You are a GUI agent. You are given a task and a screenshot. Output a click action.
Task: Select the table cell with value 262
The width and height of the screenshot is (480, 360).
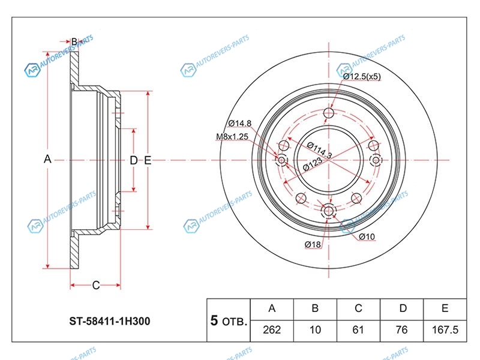(272, 329)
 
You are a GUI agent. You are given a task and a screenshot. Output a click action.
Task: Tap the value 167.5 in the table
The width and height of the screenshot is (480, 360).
(445, 329)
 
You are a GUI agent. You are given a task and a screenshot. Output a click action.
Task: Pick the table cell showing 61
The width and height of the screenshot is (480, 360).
(358, 329)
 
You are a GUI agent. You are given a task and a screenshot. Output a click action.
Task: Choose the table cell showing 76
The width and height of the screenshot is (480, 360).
(401, 329)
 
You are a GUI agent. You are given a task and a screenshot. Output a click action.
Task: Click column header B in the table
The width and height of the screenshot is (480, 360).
(315, 308)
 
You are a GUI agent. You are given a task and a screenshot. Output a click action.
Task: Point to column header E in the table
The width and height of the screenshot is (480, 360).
(445, 308)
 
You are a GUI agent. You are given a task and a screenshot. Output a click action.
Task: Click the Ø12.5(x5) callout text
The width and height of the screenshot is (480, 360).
(362, 76)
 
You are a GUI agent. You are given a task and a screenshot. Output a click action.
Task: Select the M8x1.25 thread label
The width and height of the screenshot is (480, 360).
(232, 137)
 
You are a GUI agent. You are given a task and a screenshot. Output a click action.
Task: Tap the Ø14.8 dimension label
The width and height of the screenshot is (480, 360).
(239, 124)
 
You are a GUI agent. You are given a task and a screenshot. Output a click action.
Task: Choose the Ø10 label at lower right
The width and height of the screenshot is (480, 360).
(367, 237)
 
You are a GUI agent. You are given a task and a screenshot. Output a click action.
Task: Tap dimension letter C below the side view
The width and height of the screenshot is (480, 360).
(95, 285)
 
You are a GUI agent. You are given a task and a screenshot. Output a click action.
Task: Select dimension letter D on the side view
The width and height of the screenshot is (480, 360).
(133, 160)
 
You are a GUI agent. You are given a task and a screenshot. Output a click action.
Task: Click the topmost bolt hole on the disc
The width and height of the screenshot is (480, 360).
(329, 113)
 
